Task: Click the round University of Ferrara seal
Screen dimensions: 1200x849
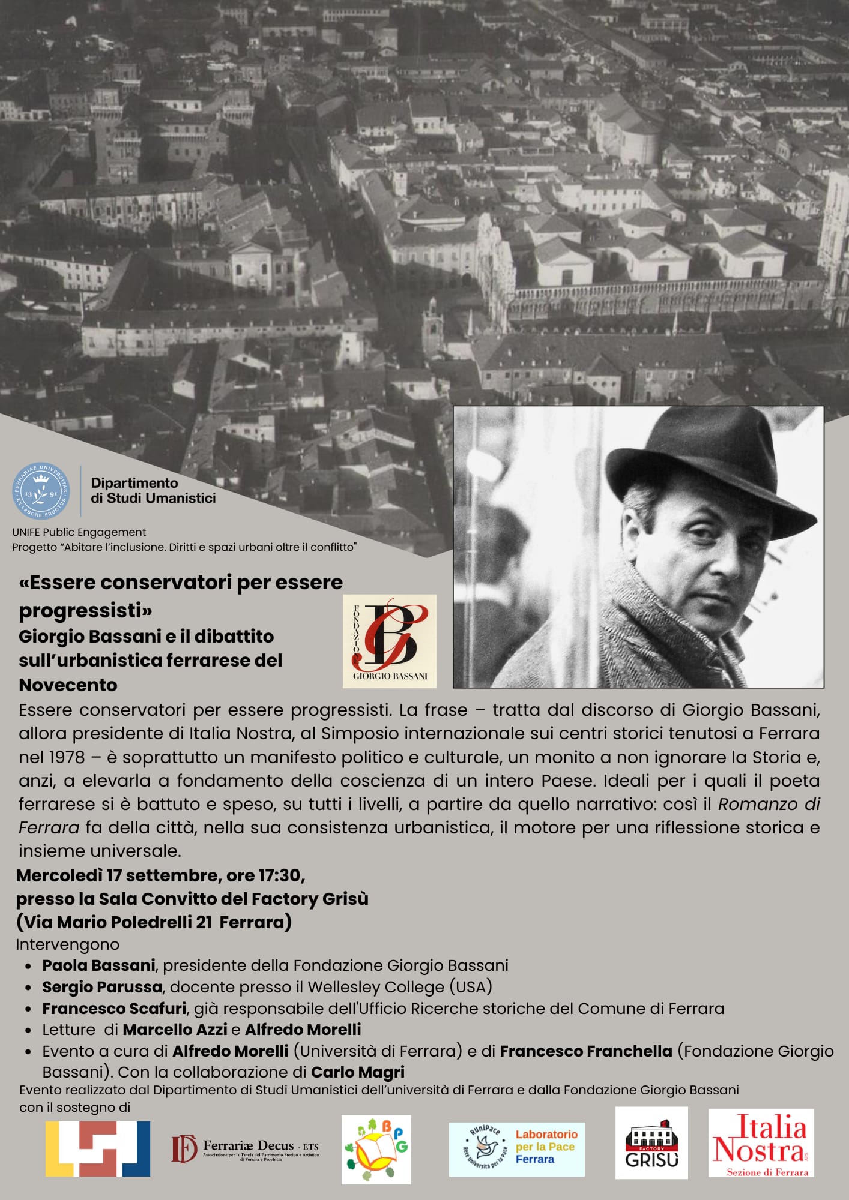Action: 41,491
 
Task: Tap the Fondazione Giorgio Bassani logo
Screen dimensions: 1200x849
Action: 390,641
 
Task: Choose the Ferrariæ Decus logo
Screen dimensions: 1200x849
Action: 245,1148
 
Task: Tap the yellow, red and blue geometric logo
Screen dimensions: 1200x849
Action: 98,1148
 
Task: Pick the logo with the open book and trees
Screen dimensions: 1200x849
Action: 376,1150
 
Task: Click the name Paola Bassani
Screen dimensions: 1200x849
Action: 99,965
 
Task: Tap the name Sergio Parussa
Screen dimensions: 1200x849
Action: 102,986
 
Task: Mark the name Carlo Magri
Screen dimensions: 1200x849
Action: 357,1072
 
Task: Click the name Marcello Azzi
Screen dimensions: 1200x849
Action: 175,1030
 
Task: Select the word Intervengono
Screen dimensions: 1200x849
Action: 68,944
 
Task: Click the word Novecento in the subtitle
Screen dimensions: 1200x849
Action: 68,685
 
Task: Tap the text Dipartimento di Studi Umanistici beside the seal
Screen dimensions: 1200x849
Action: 153,491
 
